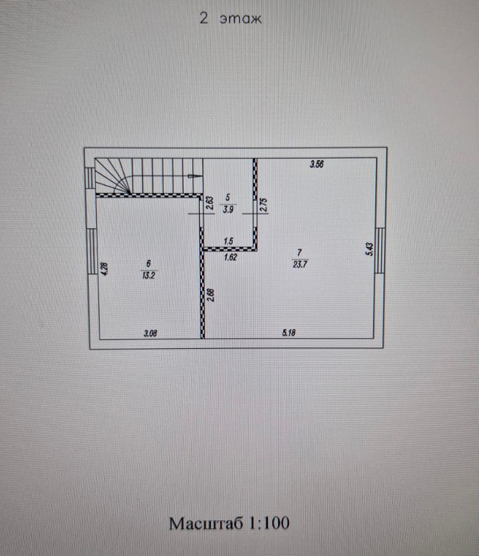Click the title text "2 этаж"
(x=232, y=19)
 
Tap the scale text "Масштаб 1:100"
(x=229, y=523)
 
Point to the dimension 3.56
(x=317, y=164)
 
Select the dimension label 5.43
(x=369, y=250)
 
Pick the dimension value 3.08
(x=151, y=332)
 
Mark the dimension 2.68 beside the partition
(x=211, y=295)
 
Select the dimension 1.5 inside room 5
(x=229, y=241)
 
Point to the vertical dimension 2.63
(x=209, y=204)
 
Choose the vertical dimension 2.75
(x=263, y=205)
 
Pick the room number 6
(x=147, y=262)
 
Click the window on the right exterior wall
(x=381, y=250)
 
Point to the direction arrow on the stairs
(x=192, y=176)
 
